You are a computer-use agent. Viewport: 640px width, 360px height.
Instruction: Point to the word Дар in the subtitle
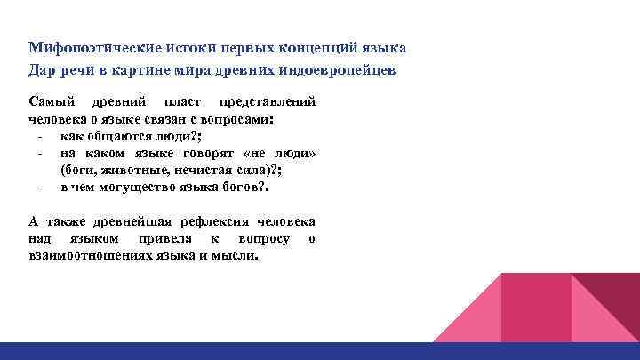pyautogui.click(x=42, y=69)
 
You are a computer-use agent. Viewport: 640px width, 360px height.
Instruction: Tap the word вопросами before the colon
pyautogui.click(x=237, y=119)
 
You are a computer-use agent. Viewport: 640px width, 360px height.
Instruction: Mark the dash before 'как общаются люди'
pyautogui.click(x=41, y=135)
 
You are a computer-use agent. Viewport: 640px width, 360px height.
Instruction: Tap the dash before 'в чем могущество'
pyautogui.click(x=41, y=187)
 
